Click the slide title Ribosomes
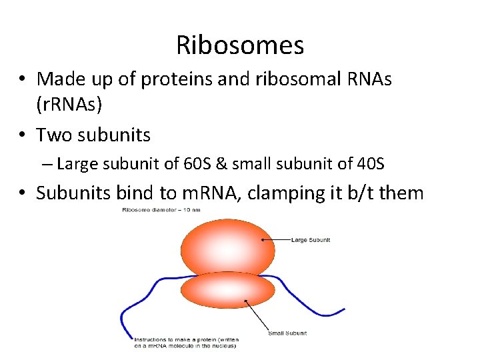point(240,45)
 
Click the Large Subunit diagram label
point(311,239)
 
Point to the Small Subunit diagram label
point(287,333)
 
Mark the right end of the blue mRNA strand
point(343,309)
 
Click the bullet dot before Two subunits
point(23,135)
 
